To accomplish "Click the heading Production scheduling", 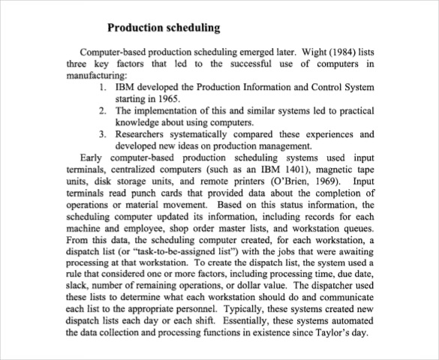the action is [164, 28].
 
